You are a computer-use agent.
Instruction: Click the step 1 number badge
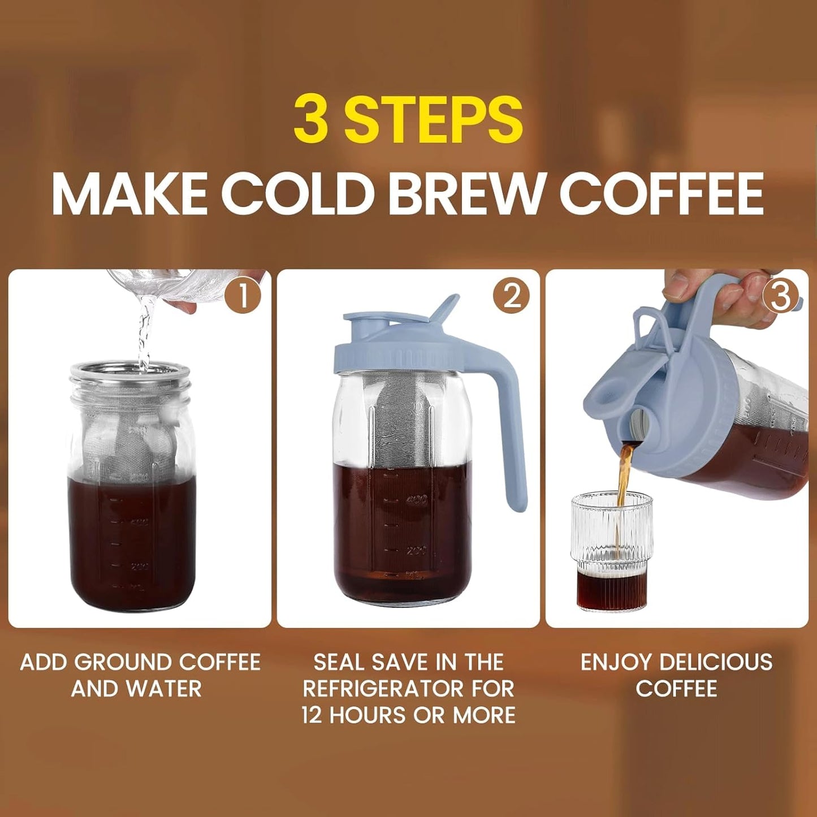243,296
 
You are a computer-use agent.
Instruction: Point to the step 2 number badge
511,296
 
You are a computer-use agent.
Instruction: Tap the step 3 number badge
780,296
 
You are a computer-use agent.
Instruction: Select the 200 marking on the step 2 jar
417,550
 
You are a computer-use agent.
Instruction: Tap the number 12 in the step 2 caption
312,715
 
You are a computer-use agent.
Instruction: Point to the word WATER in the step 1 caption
163,689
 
